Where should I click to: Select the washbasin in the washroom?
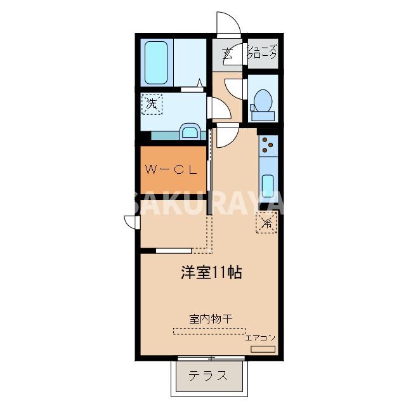[189, 131]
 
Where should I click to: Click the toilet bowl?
[262, 101]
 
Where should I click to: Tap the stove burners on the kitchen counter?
[268, 146]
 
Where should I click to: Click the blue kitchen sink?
[268, 185]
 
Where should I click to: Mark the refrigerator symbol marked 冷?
[267, 223]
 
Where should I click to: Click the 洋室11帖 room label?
[211, 273]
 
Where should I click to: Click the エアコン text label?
[260, 338]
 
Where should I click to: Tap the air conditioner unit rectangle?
[263, 349]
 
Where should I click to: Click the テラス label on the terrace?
[208, 375]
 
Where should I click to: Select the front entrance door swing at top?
[227, 25]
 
